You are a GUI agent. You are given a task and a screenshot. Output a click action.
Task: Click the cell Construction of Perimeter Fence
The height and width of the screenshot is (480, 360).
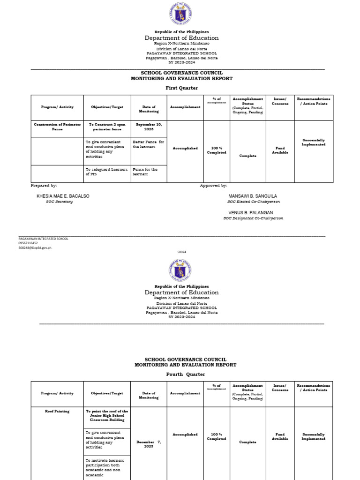click(57, 127)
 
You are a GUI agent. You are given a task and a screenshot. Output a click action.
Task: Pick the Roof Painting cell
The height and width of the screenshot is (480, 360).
click(57, 411)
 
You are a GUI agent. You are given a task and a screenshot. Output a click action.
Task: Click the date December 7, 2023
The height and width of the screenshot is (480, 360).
click(149, 444)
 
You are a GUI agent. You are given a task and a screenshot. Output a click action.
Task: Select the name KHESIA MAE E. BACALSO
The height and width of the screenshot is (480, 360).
click(63, 196)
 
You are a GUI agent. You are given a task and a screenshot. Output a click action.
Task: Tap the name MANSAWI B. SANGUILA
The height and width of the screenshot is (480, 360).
click(253, 196)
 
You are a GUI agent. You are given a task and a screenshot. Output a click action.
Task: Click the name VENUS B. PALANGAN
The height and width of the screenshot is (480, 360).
click(251, 212)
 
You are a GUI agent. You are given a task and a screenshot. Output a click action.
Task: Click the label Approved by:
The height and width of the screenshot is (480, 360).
click(213, 186)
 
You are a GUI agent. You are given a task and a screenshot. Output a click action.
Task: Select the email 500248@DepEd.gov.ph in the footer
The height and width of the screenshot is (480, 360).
click(35, 247)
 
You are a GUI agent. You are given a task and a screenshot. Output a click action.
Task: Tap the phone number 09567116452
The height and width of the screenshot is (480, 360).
click(28, 243)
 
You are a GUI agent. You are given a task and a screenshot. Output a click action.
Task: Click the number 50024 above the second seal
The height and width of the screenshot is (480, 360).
click(181, 252)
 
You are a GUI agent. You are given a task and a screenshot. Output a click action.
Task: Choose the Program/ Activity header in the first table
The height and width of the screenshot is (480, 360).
click(57, 107)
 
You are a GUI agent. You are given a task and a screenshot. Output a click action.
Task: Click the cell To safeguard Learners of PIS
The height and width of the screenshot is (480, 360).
click(101, 172)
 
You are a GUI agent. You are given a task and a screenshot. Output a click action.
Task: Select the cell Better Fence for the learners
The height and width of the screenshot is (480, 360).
click(148, 144)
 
